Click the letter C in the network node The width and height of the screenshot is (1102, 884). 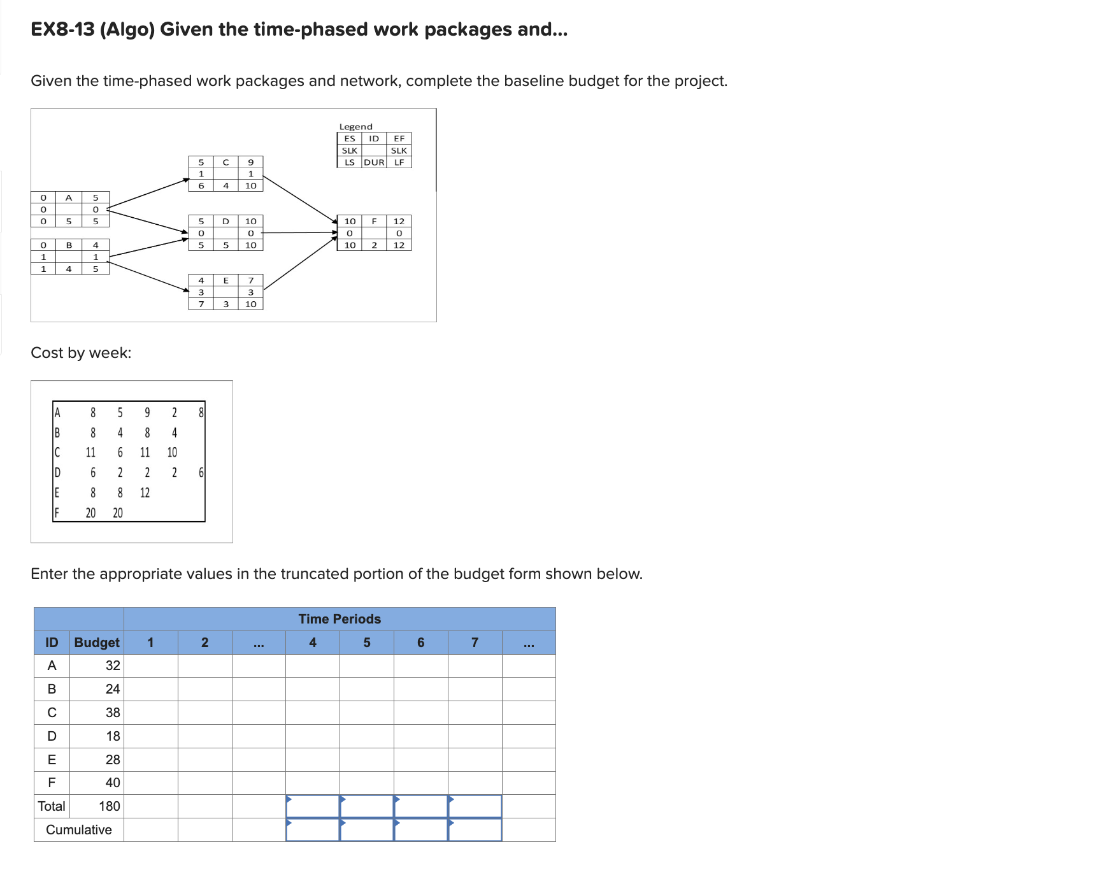pos(225,162)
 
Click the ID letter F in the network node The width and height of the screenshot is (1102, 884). pos(374,221)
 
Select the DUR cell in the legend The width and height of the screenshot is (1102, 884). pos(374,162)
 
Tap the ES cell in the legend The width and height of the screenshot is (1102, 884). pos(350,138)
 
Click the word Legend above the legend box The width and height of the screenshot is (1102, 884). pos(355,127)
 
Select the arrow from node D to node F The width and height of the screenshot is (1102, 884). pos(299,232)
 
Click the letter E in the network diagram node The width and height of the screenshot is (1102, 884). pos(225,280)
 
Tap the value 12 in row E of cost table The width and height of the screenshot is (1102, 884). pos(145,492)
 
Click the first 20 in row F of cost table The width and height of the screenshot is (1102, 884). pos(90,513)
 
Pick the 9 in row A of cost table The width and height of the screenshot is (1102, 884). pos(147,413)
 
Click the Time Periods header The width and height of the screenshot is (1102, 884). pos(340,619)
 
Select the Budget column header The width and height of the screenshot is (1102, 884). pos(97,643)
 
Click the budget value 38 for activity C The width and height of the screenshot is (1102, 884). pos(113,713)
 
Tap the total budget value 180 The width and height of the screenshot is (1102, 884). pos(109,806)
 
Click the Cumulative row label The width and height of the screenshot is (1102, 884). pos(79,830)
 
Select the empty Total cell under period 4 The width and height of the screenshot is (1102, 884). pos(313,806)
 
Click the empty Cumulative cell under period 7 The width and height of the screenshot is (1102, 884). pos(475,830)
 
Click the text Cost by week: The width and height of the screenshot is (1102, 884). pos(81,353)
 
